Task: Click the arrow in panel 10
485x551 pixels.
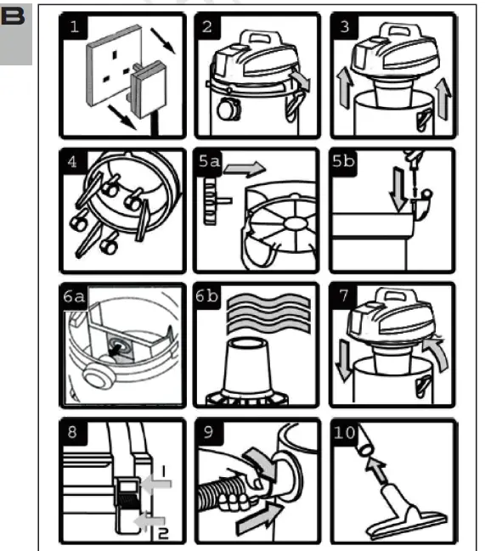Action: point(374,468)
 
